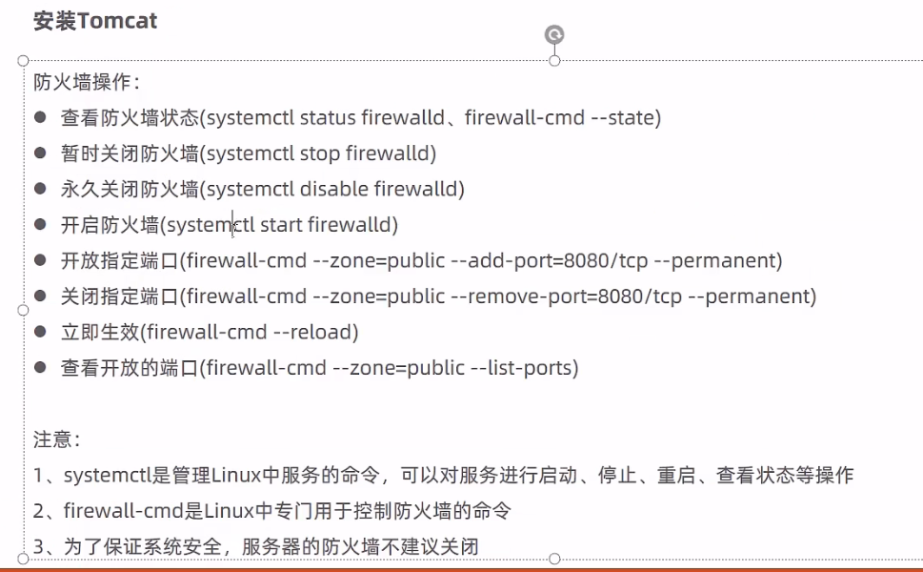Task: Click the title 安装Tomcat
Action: [x=95, y=21]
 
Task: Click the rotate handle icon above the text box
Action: [x=554, y=35]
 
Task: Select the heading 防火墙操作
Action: [x=85, y=82]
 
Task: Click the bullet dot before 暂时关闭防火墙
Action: [x=40, y=153]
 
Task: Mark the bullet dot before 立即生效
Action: [x=40, y=332]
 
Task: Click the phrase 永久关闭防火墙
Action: [x=130, y=189]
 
